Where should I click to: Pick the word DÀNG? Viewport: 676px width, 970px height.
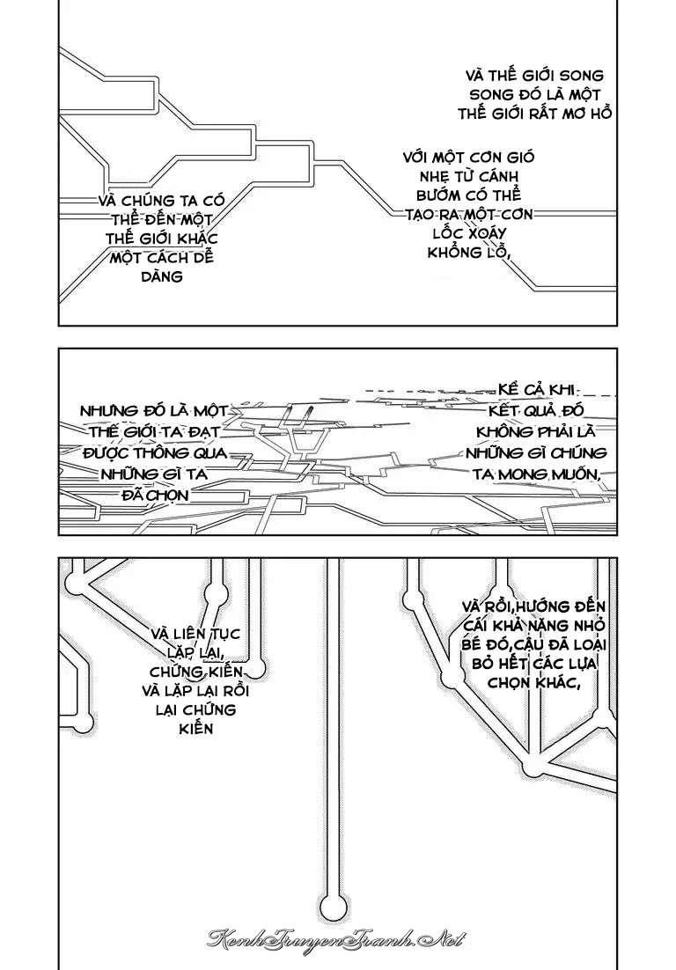coord(162,276)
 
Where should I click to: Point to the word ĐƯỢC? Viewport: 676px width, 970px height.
coord(107,453)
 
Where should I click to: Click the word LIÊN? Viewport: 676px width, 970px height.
coord(188,635)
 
